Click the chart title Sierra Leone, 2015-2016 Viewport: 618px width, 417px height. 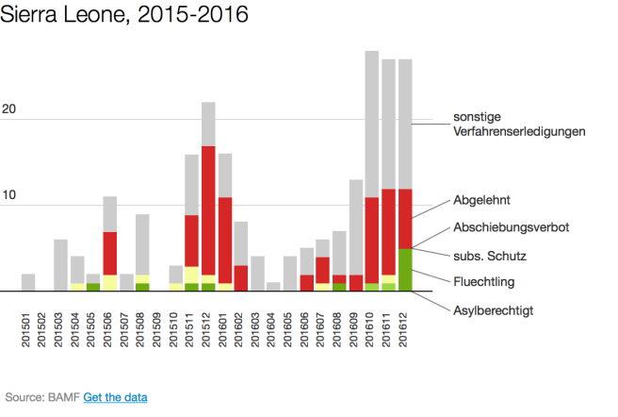[124, 16]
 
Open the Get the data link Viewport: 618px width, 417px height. [115, 398]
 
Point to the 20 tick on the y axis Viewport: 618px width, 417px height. [10, 109]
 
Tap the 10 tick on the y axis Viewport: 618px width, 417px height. [10, 195]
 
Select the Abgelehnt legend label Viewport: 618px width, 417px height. [481, 200]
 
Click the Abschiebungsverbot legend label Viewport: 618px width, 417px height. [510, 227]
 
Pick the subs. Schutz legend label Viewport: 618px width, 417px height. [490, 255]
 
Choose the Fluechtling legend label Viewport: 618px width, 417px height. [484, 281]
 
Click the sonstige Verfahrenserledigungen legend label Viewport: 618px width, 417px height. [519, 124]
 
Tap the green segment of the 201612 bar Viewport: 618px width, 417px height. [405, 270]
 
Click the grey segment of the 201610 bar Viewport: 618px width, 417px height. [372, 124]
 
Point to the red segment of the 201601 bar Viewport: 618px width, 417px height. [225, 240]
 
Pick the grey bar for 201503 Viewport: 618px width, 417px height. [61, 265]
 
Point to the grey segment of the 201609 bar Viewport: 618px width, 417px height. [356, 226]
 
